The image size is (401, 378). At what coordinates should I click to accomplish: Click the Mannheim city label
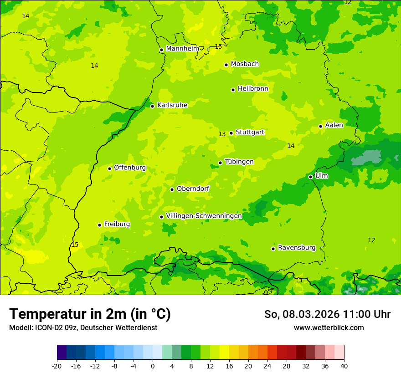point(182,49)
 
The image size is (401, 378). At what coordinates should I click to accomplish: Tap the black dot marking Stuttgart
point(231,133)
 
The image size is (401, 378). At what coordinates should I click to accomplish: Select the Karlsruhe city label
point(172,105)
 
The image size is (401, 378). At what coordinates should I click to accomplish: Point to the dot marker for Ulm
point(310,177)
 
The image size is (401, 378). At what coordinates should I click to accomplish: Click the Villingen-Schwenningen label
point(204,216)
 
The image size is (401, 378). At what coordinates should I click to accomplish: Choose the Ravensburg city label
point(296,248)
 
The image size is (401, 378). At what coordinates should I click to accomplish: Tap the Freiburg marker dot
point(99,225)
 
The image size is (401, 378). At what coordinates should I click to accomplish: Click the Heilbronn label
point(252,89)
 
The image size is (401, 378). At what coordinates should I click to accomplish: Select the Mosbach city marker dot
point(226,65)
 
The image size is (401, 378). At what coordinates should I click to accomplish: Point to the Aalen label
point(334,125)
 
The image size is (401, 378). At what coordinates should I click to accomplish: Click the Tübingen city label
point(239,162)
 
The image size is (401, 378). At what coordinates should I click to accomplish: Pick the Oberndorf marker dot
point(172,189)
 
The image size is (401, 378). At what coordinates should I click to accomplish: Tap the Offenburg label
point(129,168)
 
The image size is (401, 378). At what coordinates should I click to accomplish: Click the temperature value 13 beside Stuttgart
point(222,134)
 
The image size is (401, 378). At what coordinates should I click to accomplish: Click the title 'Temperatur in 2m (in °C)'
point(90,314)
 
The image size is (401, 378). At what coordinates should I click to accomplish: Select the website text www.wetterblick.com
point(329,327)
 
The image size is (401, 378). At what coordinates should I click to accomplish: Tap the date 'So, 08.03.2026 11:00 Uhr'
point(327,314)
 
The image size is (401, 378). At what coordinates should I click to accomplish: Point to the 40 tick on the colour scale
point(344,366)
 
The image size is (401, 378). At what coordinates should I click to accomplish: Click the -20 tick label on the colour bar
point(57,366)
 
